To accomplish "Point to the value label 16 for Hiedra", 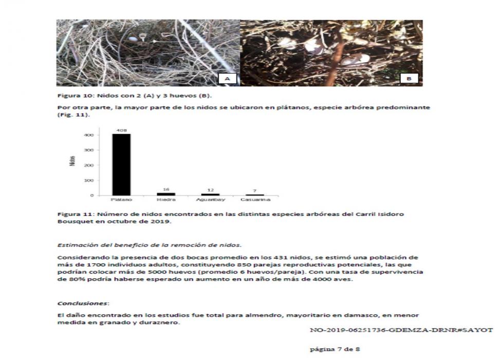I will click(x=165, y=189).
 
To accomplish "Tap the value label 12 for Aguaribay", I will click(x=210, y=190).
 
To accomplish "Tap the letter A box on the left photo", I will click(x=227, y=78).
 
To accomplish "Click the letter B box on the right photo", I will click(x=409, y=78).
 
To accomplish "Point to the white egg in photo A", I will click(x=134, y=39).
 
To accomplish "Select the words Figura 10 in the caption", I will click(x=70, y=96).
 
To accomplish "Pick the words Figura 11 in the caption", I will click(x=70, y=213).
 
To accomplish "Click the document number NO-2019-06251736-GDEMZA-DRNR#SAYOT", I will click(x=401, y=329).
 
